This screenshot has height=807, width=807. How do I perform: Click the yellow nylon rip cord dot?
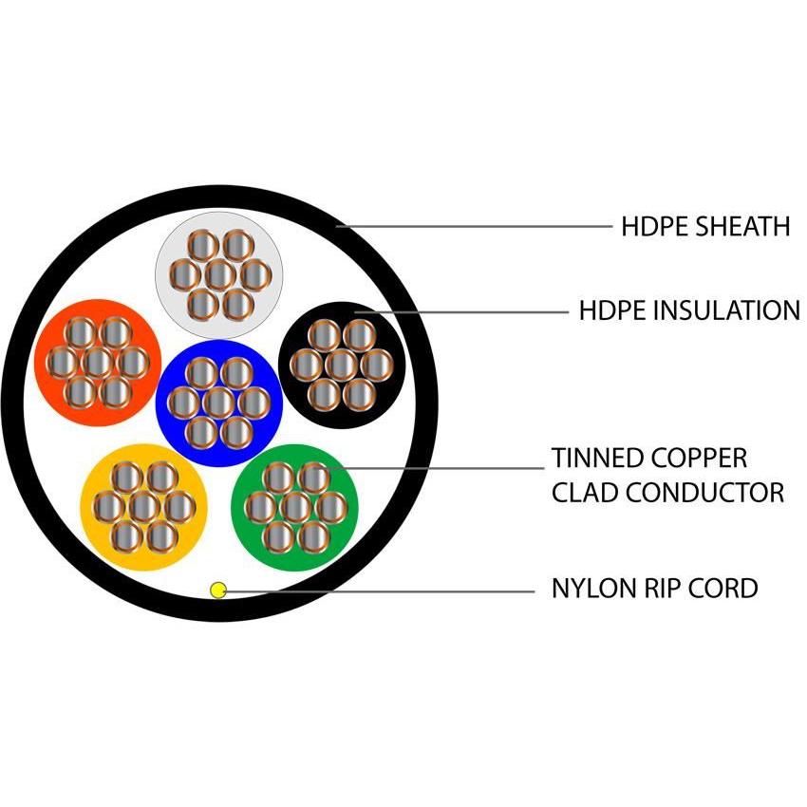point(218,590)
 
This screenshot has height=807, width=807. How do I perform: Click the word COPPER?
point(700,458)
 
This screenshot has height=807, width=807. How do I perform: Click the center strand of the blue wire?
point(218,403)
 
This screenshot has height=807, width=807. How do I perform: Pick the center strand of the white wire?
point(218,275)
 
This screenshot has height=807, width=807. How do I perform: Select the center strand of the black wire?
point(342,364)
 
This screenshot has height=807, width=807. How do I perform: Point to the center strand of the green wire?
point(295,506)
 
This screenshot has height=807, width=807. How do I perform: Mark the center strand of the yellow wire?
point(143,507)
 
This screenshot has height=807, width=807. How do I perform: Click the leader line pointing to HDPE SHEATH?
point(475,227)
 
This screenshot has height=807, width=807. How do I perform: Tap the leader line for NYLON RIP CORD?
point(380,590)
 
